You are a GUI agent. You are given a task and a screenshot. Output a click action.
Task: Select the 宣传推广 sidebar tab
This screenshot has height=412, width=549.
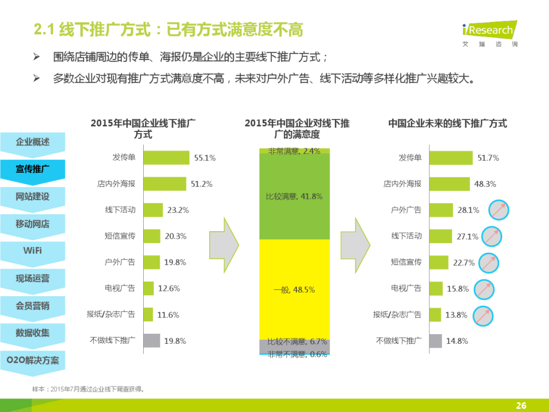point(32,169)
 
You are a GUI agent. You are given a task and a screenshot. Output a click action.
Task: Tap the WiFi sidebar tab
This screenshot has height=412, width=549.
point(32,251)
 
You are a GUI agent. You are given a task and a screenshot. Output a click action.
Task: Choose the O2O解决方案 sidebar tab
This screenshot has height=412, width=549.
point(32,359)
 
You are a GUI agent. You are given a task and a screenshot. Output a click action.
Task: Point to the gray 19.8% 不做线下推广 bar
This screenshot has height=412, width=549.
point(152,340)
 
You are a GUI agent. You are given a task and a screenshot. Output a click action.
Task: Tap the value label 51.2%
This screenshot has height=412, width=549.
point(202,184)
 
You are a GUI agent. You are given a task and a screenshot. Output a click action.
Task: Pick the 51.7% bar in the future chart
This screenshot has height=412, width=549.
point(451,158)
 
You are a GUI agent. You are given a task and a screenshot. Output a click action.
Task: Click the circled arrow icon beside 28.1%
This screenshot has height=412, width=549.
point(499,210)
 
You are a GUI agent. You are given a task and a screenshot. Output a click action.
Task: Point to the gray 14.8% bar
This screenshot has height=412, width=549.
point(436,341)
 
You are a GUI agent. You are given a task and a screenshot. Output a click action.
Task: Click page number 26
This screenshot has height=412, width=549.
point(521,406)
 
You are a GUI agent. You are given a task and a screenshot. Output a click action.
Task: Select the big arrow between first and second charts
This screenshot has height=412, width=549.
point(224,245)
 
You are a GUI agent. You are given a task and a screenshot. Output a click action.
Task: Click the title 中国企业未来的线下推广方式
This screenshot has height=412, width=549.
point(447,124)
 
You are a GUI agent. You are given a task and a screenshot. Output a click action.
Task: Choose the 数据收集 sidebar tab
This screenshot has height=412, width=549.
point(32,333)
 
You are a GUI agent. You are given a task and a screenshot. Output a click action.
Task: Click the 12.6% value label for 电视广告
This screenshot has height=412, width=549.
point(169,289)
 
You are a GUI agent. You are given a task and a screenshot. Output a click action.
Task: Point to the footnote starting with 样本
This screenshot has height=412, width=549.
point(89,389)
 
